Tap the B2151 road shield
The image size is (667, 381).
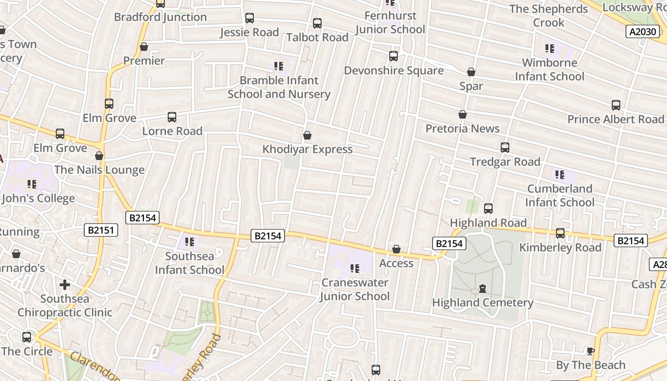point(101,230)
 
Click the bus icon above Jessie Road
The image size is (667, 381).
point(249,18)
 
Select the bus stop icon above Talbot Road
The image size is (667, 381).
point(317,23)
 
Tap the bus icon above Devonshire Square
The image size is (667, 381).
point(393,56)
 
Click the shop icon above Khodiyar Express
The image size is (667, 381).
point(307,135)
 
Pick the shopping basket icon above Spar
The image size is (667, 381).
point(471,72)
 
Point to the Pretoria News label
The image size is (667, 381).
point(462,129)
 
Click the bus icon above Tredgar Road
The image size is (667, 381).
point(505,148)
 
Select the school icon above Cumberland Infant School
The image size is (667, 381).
point(559,175)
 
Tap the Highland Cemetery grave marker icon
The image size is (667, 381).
point(482,289)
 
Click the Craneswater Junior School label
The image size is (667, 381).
point(354,289)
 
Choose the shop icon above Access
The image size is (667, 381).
point(396,249)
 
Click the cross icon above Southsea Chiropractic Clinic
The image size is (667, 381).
point(64,285)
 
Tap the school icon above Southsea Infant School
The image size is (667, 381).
point(189,242)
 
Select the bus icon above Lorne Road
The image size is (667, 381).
point(172,117)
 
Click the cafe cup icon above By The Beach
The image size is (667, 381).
point(590,351)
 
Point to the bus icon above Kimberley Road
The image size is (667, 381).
point(560,233)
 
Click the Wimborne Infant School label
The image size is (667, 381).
point(549,70)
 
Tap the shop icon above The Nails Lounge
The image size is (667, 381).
point(99,156)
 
